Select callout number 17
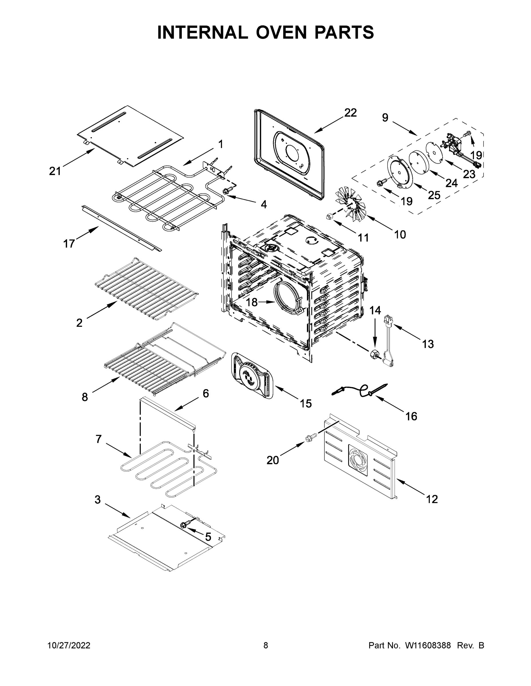coord(69,244)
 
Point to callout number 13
coord(428,344)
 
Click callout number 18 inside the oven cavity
coord(252,302)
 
